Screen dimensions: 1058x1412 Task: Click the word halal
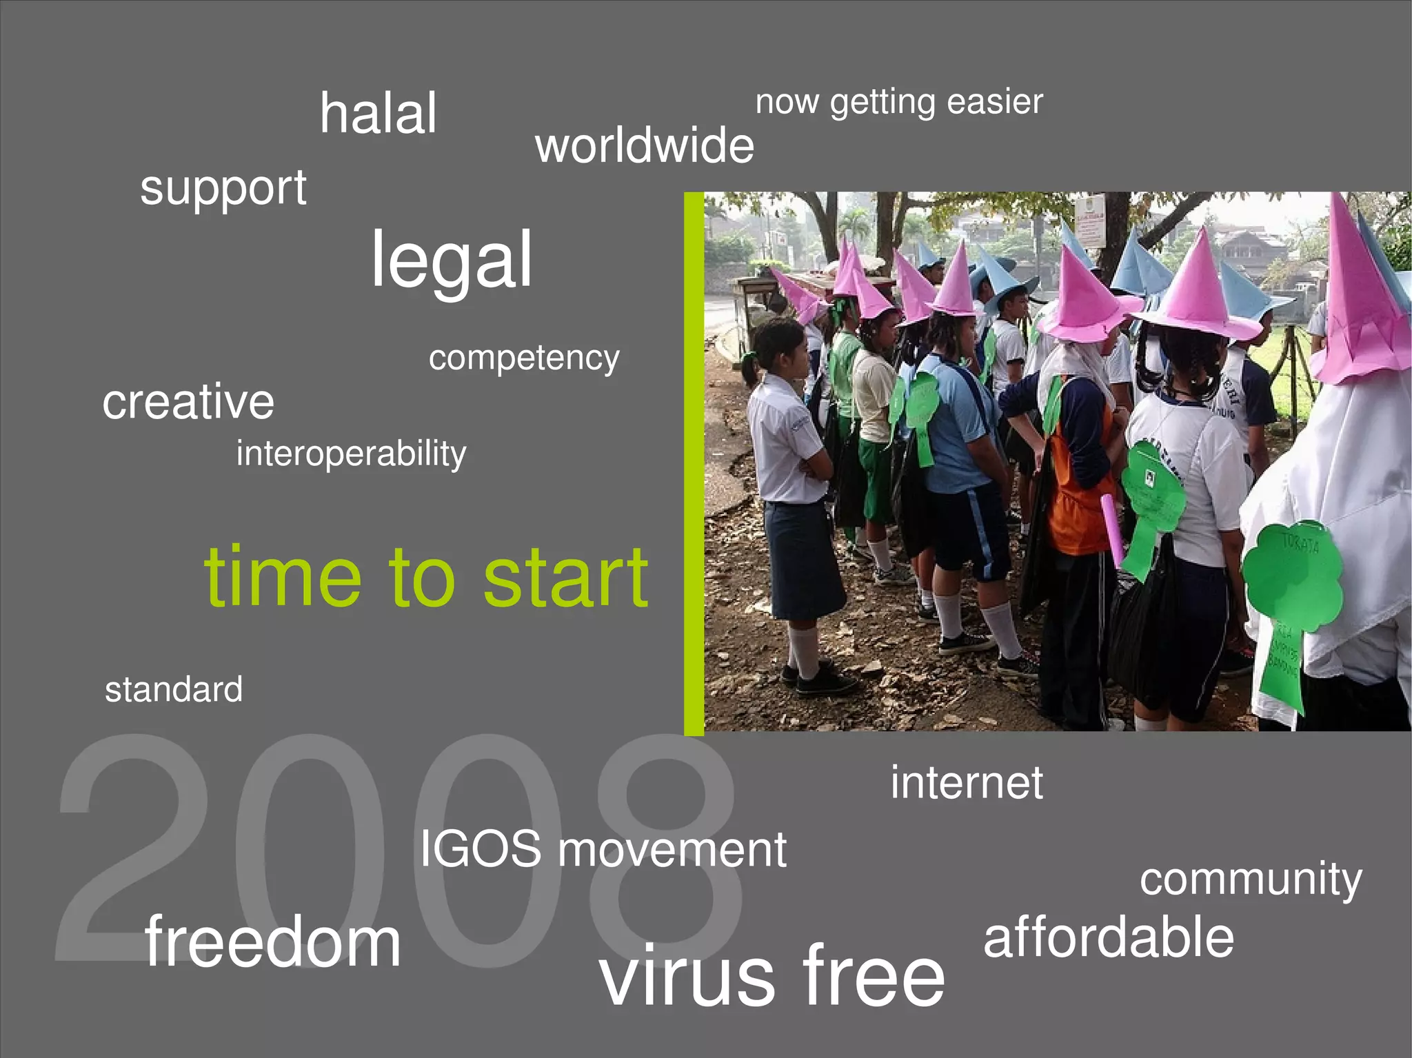click(x=378, y=114)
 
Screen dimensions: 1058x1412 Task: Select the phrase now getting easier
click(x=898, y=103)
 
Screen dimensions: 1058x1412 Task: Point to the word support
click(x=223, y=188)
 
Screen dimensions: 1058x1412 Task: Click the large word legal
click(x=452, y=261)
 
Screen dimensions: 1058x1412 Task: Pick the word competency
click(x=524, y=358)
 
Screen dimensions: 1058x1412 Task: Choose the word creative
click(x=188, y=402)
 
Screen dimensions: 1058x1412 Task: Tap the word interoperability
click(x=351, y=454)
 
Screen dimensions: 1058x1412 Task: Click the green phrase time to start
click(x=426, y=578)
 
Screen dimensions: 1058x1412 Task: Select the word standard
click(x=174, y=690)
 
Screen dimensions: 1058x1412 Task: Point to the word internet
click(x=967, y=783)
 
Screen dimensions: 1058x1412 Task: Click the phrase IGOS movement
click(x=603, y=849)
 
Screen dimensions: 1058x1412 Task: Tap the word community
click(x=1251, y=880)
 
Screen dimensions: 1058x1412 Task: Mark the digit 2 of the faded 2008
click(x=131, y=848)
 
